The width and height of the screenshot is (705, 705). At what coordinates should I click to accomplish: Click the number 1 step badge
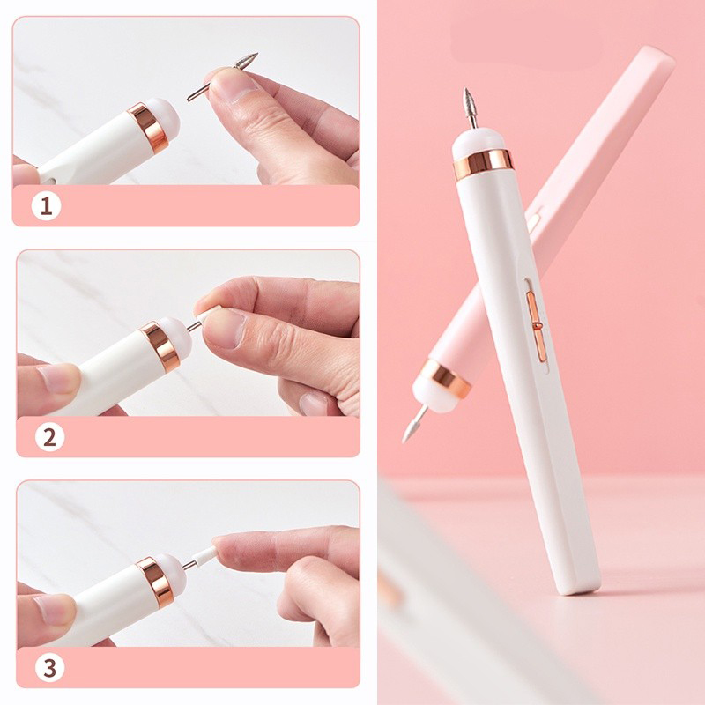click(46, 206)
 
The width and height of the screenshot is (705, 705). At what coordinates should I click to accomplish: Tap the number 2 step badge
click(49, 437)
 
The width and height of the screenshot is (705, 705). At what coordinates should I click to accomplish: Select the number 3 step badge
click(49, 667)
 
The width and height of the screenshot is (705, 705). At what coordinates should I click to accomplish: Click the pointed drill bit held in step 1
click(223, 77)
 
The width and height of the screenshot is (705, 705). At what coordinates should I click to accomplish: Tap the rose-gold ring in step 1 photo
click(148, 128)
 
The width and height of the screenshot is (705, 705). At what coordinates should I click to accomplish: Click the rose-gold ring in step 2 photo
click(160, 346)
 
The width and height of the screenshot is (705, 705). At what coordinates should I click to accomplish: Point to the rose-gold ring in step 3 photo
click(155, 582)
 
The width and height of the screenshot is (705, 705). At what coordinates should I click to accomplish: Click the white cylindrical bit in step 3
click(204, 558)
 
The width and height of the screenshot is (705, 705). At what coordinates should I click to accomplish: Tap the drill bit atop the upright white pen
click(471, 108)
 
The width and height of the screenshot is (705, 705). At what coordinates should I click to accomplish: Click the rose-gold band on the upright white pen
click(483, 164)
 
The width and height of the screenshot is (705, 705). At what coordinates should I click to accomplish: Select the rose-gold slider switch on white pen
click(536, 325)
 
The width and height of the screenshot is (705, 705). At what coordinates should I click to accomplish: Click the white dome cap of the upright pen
click(478, 140)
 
